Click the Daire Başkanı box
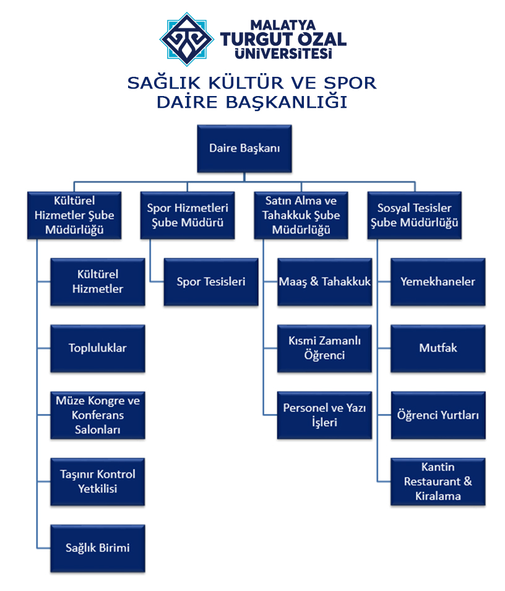pyautogui.click(x=244, y=149)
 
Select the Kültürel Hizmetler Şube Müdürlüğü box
pyautogui.click(x=74, y=216)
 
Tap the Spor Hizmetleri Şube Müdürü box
pyautogui.click(x=188, y=216)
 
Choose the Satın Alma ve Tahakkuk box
pyautogui.click(x=301, y=216)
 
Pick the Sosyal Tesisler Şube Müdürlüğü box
pyautogui.click(x=414, y=216)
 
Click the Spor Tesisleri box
pyautogui.click(x=211, y=282)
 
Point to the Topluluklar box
pyautogui.click(x=98, y=348)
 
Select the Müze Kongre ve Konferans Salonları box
pyautogui.click(x=98, y=415)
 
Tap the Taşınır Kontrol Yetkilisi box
pyautogui.click(x=98, y=481)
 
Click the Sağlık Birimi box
pyautogui.click(x=98, y=548)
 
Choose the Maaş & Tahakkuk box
pyautogui.click(x=324, y=282)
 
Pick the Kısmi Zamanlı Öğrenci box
pyautogui.click(x=324, y=348)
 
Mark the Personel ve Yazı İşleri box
pyautogui.click(x=324, y=415)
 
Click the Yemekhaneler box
pyautogui.click(x=438, y=282)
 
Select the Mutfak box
pyautogui.click(x=438, y=348)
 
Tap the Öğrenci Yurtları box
pyautogui.click(x=438, y=415)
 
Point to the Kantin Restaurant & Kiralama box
pyautogui.click(x=438, y=481)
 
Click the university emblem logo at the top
pyautogui.click(x=187, y=38)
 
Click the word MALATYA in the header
pyautogui.click(x=283, y=23)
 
